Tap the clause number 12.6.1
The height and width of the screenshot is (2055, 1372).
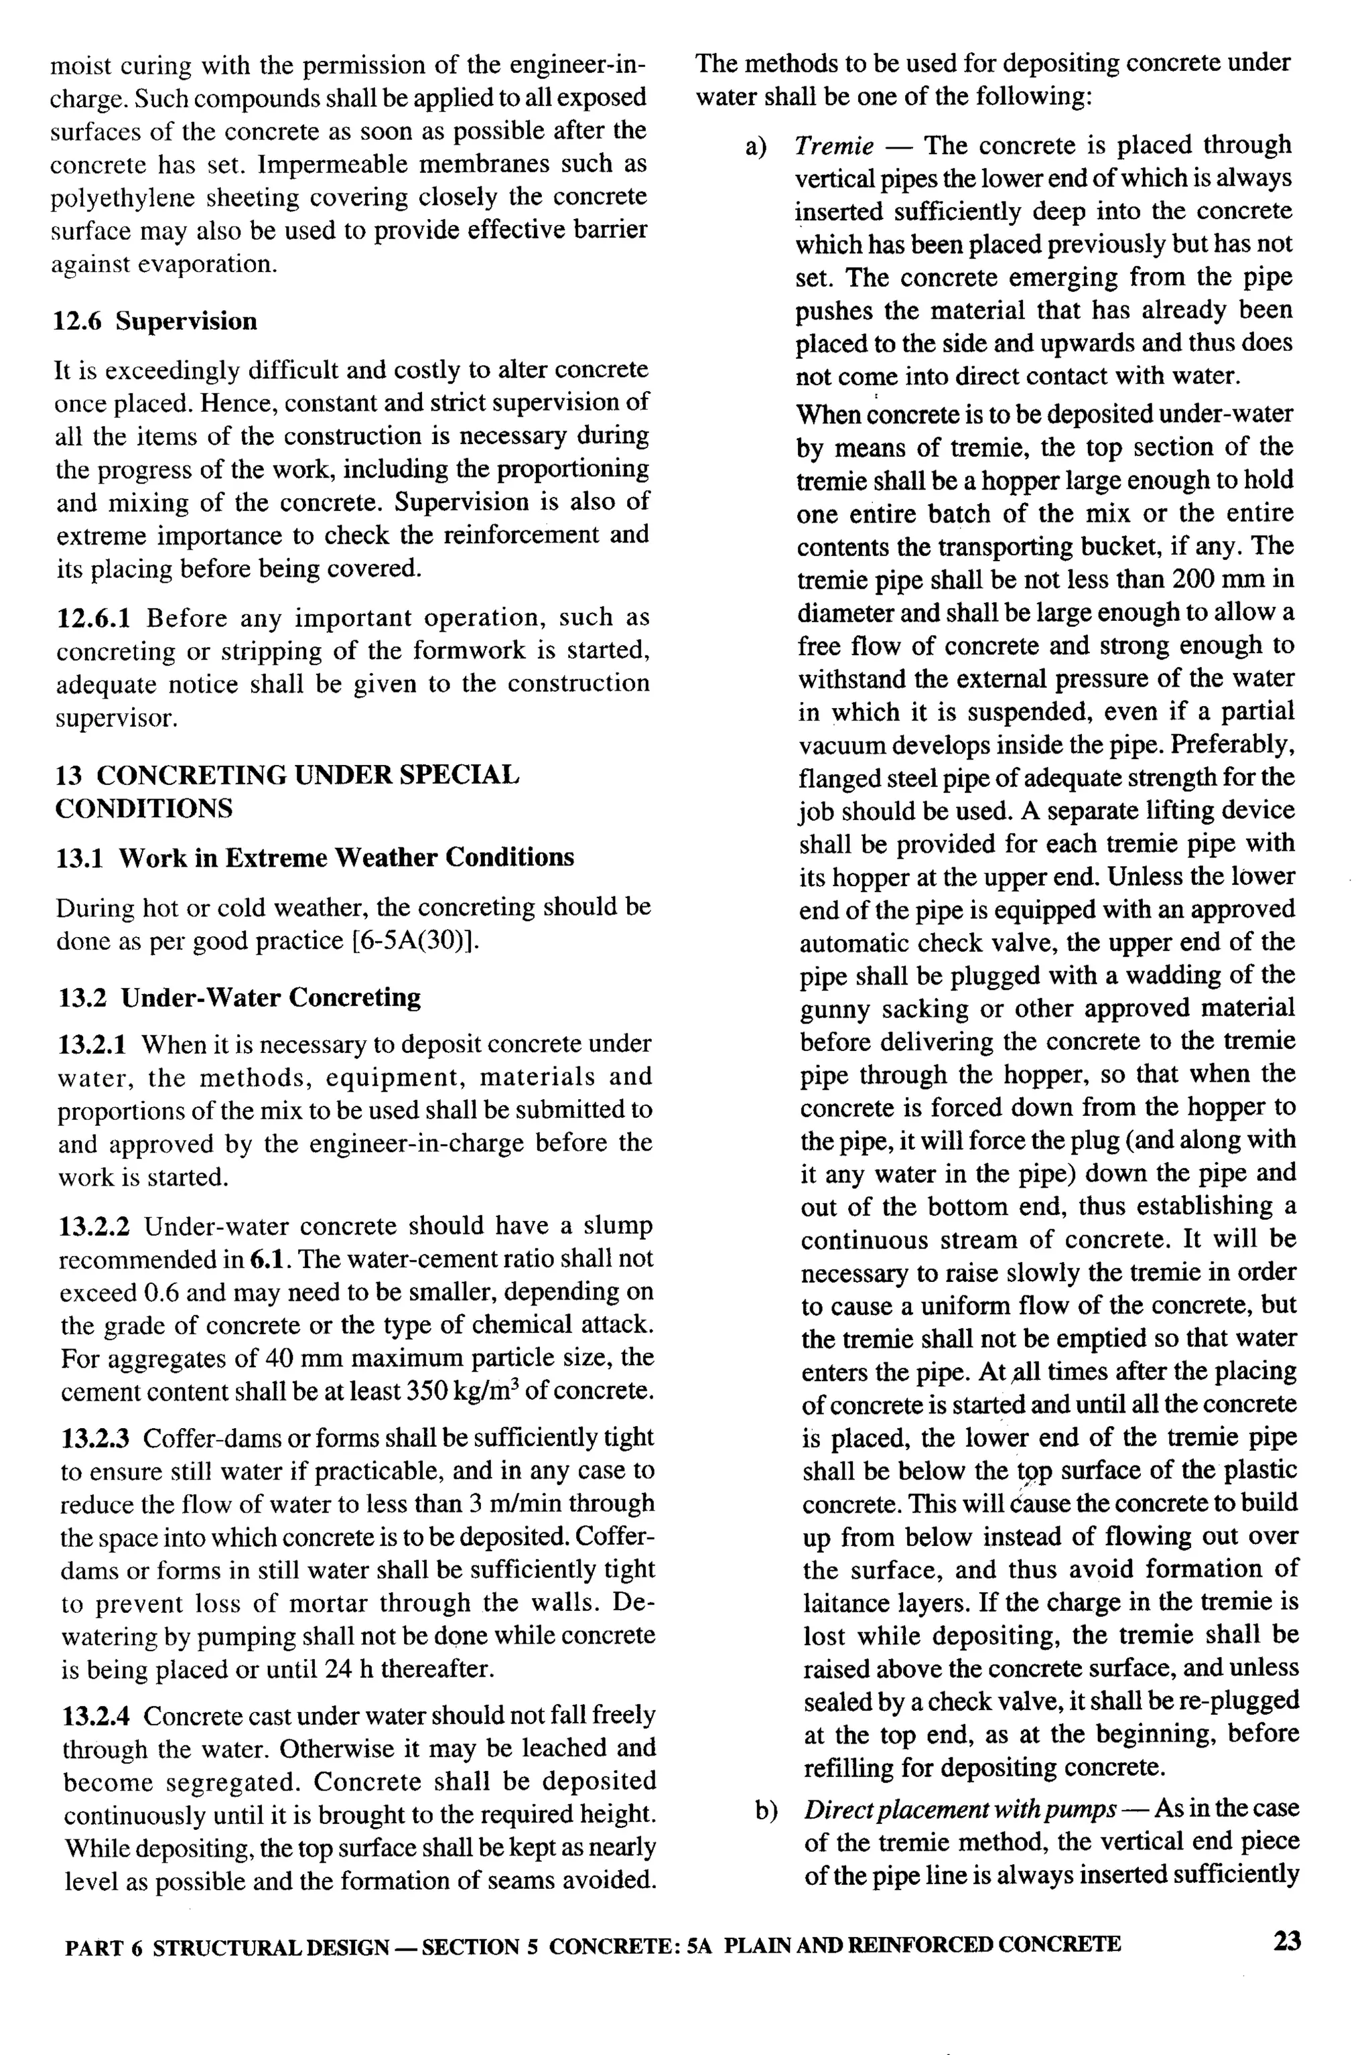pos(94,618)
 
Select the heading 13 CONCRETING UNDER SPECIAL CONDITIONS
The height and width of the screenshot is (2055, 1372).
pos(287,791)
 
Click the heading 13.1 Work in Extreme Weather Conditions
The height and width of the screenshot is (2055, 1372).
pos(315,857)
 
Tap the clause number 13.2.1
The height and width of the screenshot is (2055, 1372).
pos(94,1044)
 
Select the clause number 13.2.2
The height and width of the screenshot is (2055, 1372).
pos(94,1226)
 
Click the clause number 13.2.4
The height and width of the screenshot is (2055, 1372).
pos(97,1717)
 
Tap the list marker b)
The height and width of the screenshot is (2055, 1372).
pos(766,1809)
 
